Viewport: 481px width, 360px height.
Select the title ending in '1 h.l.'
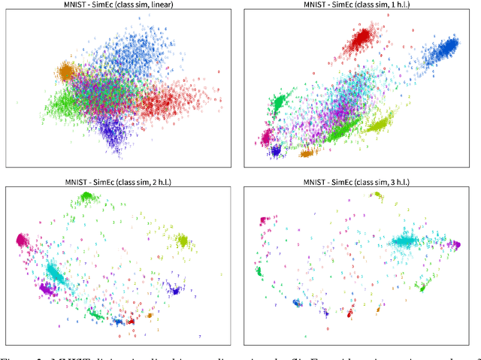point(359,5)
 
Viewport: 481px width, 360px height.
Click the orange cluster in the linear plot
point(65,72)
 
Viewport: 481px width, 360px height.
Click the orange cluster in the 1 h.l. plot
point(307,153)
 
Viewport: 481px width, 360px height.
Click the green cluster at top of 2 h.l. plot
point(86,197)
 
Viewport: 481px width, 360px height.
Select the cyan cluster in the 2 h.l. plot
point(56,271)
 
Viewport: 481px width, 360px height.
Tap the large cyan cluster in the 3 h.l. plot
point(410,241)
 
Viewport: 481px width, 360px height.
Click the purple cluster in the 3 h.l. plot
point(453,244)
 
